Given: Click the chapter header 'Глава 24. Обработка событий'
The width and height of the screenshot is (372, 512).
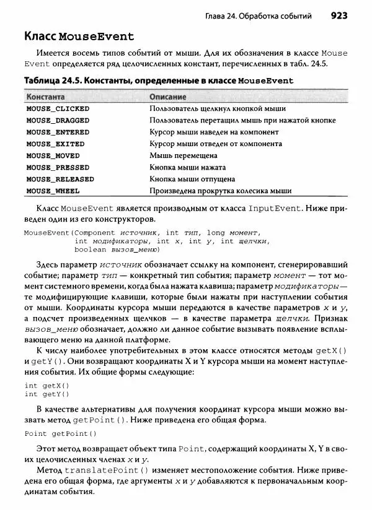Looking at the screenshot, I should pos(259,15).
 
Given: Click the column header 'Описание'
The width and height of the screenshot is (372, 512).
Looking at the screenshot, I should pos(168,97).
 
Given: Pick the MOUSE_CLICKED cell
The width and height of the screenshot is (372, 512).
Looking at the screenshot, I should pos(58,108).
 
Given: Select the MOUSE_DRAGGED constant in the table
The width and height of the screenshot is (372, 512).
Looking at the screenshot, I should pos(58,120).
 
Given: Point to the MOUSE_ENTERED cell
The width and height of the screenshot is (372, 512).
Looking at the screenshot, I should pos(58,132).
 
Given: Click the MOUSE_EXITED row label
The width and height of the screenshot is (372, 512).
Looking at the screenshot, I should pos(55,144).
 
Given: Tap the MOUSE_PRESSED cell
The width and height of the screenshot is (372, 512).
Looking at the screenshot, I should pos(58,167).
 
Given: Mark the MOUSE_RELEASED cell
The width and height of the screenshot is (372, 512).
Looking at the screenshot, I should pos(60,179).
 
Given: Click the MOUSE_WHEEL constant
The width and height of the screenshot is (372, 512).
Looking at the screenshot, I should pos(53,191).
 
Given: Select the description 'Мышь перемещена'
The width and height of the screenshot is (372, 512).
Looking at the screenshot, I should pos(183,155).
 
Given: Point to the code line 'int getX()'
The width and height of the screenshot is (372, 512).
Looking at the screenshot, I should pos(46,385).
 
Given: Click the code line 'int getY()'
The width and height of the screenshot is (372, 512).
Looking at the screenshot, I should pos(46,394).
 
